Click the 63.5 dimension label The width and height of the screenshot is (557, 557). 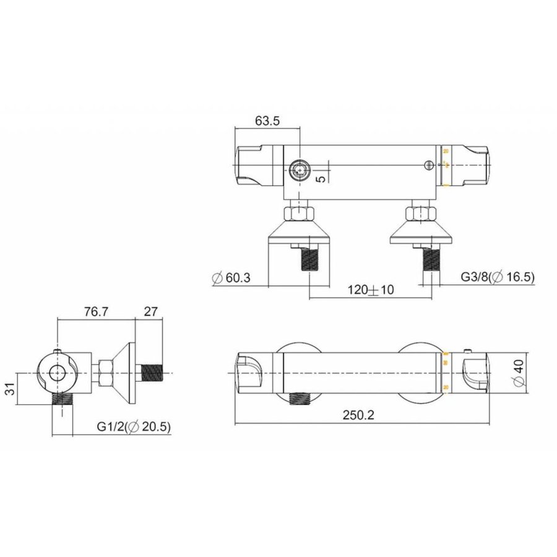tap(267, 121)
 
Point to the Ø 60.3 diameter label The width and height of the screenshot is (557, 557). tap(230, 278)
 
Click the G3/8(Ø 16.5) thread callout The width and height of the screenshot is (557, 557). tap(498, 278)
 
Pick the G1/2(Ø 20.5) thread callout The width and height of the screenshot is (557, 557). tap(133, 426)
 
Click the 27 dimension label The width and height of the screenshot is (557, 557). tap(152, 312)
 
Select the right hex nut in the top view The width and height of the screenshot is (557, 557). tap(419, 215)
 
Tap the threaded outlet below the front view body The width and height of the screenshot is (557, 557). tap(301, 397)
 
